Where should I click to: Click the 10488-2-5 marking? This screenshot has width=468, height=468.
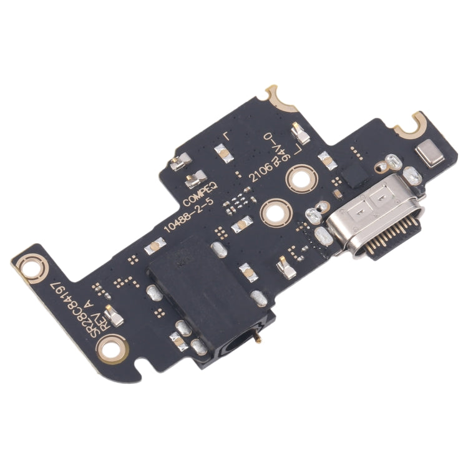point(187,213)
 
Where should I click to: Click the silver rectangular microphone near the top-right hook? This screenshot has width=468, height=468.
point(431,154)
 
